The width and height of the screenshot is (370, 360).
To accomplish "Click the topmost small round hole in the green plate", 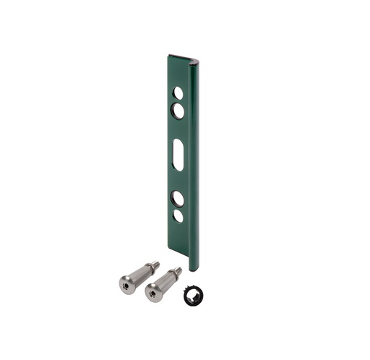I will [x=177, y=93].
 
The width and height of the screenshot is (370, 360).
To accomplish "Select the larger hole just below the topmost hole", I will [x=178, y=109].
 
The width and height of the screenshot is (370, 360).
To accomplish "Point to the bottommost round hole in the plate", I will [x=178, y=215].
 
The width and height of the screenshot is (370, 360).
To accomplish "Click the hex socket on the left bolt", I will [x=126, y=286].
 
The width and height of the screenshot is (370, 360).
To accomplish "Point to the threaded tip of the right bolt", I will [x=177, y=271].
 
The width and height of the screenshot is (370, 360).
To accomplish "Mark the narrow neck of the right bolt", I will [x=172, y=275].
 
